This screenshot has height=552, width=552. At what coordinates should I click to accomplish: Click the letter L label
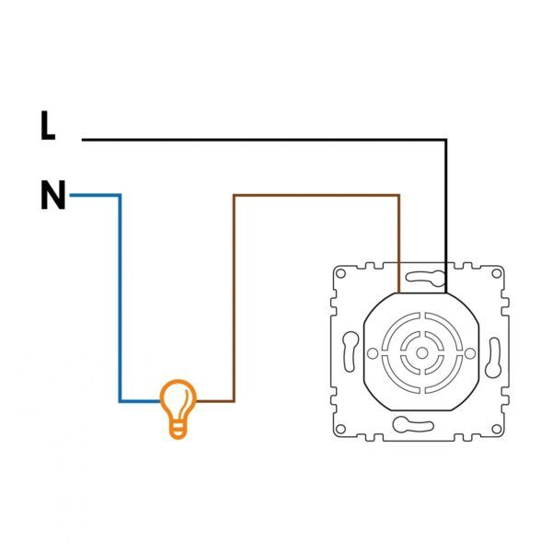(48, 125)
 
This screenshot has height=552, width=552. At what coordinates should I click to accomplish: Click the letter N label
(53, 195)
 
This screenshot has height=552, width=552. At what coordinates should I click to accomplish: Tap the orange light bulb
(178, 409)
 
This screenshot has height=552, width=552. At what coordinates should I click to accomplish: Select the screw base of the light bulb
(178, 431)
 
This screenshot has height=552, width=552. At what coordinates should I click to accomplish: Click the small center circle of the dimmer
(421, 352)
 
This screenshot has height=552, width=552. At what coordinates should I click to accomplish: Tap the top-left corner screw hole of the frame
(340, 273)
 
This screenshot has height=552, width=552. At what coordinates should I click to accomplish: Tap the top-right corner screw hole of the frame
(497, 273)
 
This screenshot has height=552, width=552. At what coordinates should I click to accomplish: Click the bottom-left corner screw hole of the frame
(340, 429)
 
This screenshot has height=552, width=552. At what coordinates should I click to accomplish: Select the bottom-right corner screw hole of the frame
(497, 429)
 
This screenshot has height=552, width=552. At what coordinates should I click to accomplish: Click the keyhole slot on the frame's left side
(350, 351)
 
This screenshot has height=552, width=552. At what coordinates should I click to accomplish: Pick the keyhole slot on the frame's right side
(493, 358)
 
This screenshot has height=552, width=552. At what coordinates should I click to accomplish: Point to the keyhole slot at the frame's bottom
(412, 424)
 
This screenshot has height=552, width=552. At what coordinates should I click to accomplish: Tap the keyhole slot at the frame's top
(426, 278)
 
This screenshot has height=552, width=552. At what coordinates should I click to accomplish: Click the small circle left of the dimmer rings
(373, 353)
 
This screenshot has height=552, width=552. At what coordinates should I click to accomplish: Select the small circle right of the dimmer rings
(470, 353)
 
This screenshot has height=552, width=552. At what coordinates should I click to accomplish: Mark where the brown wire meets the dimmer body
(399, 293)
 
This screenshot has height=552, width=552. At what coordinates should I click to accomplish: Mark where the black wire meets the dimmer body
(446, 293)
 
